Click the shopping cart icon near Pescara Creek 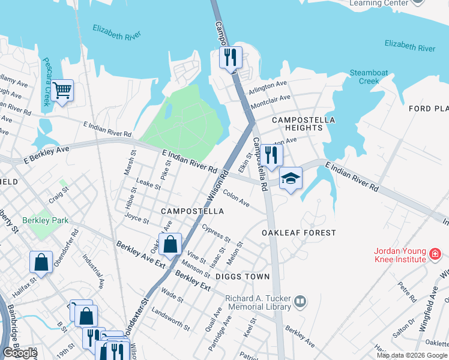[x=62, y=91]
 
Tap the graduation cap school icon [x=291, y=178]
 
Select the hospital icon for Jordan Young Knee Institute [x=435, y=256]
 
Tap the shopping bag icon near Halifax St [x=41, y=262]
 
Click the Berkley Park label [x=46, y=220]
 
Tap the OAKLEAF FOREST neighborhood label [x=298, y=232]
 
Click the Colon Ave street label [x=236, y=199]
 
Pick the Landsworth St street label [x=170, y=320]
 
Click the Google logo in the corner [x=19, y=353]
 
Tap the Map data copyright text [x=411, y=355]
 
